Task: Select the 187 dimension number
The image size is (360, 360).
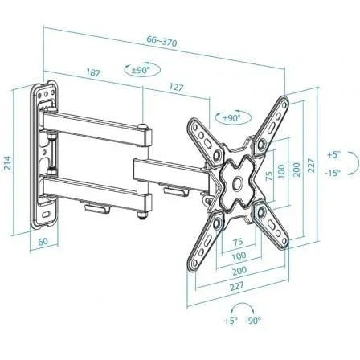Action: pyautogui.click(x=92, y=72)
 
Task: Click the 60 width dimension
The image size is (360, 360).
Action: pyautogui.click(x=43, y=241)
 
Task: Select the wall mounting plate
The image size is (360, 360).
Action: pyautogui.click(x=45, y=153)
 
